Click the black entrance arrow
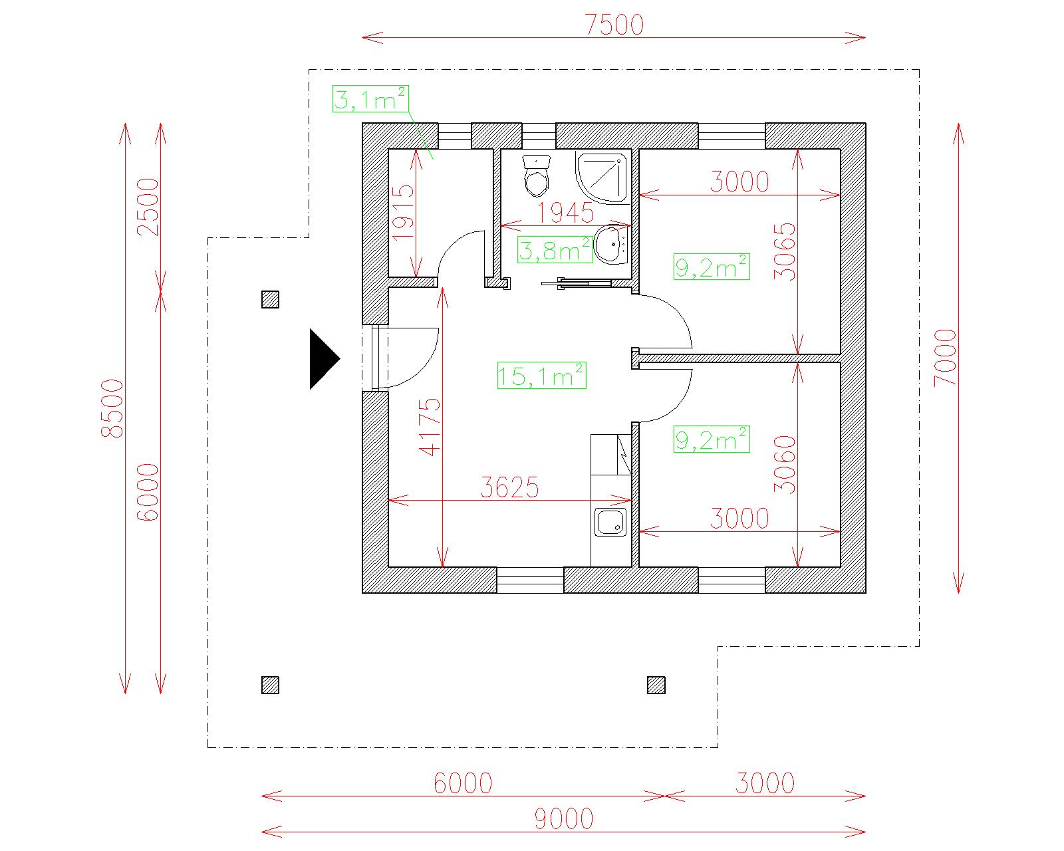[324, 359]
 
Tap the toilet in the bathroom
[537, 176]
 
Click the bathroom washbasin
[611, 245]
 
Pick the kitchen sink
[610, 522]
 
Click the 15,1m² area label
[541, 376]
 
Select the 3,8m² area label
[555, 251]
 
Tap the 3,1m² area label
[370, 99]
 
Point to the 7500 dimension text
[614, 25]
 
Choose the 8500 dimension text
[113, 408]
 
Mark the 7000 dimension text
[945, 358]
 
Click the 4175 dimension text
[430, 426]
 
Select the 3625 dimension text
[509, 488]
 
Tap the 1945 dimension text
[565, 213]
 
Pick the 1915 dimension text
[403, 212]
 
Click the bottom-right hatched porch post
[656, 685]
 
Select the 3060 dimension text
[785, 464]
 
